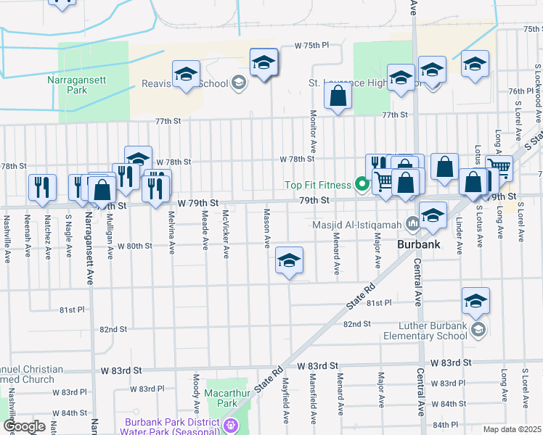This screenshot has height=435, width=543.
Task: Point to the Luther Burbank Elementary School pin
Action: click(478, 331)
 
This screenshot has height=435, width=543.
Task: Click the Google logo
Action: click(24, 426)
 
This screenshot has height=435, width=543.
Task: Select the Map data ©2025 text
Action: click(513, 429)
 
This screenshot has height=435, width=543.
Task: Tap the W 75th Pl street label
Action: click(311, 45)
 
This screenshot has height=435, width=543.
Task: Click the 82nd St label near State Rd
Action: click(357, 323)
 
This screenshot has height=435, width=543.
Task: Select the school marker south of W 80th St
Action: click(289, 262)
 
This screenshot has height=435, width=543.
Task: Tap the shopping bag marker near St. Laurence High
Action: click(338, 97)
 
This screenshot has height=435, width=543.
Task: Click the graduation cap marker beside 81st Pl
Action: click(475, 302)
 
